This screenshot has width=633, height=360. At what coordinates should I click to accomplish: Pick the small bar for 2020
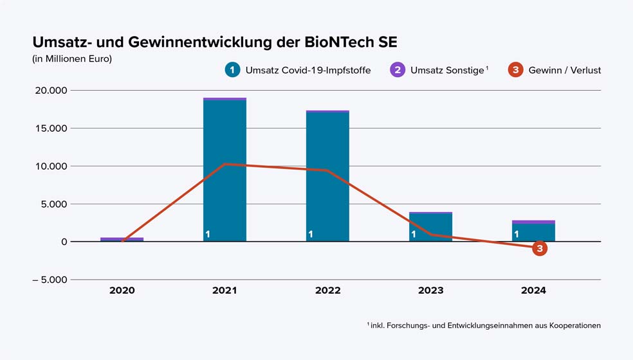(122, 239)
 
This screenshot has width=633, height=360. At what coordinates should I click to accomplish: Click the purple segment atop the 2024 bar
(533, 222)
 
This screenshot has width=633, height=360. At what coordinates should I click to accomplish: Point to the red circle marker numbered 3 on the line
(540, 248)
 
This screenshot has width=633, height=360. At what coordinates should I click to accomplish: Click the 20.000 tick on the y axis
(50, 90)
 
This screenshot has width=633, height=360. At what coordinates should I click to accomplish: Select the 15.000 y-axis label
(50, 128)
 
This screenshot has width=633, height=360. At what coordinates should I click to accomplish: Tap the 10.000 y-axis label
(50, 166)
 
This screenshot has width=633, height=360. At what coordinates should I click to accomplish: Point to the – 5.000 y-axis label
(50, 280)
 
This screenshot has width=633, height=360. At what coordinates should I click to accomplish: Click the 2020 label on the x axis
(122, 291)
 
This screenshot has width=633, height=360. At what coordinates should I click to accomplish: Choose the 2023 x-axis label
(430, 291)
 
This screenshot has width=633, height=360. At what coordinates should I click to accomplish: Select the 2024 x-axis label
(533, 291)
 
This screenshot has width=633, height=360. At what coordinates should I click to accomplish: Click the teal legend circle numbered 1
(232, 70)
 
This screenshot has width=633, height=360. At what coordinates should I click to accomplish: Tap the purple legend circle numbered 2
(398, 70)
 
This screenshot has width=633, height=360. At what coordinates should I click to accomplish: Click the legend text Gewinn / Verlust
(564, 70)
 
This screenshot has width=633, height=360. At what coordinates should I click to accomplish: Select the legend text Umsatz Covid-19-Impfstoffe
(307, 70)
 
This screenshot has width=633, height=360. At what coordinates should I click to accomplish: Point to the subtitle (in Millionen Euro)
(72, 59)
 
